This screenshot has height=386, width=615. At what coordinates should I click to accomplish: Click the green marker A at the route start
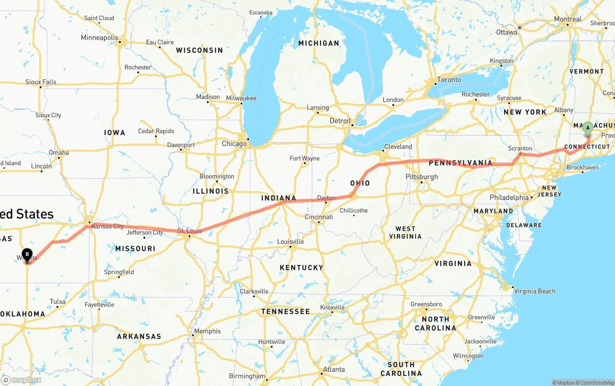click(587, 128)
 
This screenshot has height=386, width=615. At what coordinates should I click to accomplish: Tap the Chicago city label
click(234, 144)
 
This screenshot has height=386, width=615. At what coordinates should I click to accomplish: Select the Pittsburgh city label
click(421, 176)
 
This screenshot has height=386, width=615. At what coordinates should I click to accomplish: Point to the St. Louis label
click(190, 231)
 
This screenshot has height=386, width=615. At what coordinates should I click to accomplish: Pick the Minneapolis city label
click(99, 37)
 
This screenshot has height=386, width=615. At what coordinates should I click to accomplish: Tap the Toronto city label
click(449, 80)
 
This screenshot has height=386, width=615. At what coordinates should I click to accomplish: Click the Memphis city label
click(208, 331)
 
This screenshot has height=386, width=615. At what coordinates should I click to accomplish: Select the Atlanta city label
click(334, 369)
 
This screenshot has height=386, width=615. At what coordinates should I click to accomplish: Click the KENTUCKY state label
click(301, 267)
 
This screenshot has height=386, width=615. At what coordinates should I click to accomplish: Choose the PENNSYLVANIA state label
click(461, 163)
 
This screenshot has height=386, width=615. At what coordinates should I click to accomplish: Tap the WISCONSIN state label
click(199, 50)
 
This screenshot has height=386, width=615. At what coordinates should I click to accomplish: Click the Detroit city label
click(340, 121)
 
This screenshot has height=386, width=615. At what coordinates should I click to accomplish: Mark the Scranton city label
click(520, 149)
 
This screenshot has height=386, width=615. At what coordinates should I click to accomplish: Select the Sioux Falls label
click(41, 82)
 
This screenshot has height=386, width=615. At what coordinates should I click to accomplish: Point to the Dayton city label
click(326, 198)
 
